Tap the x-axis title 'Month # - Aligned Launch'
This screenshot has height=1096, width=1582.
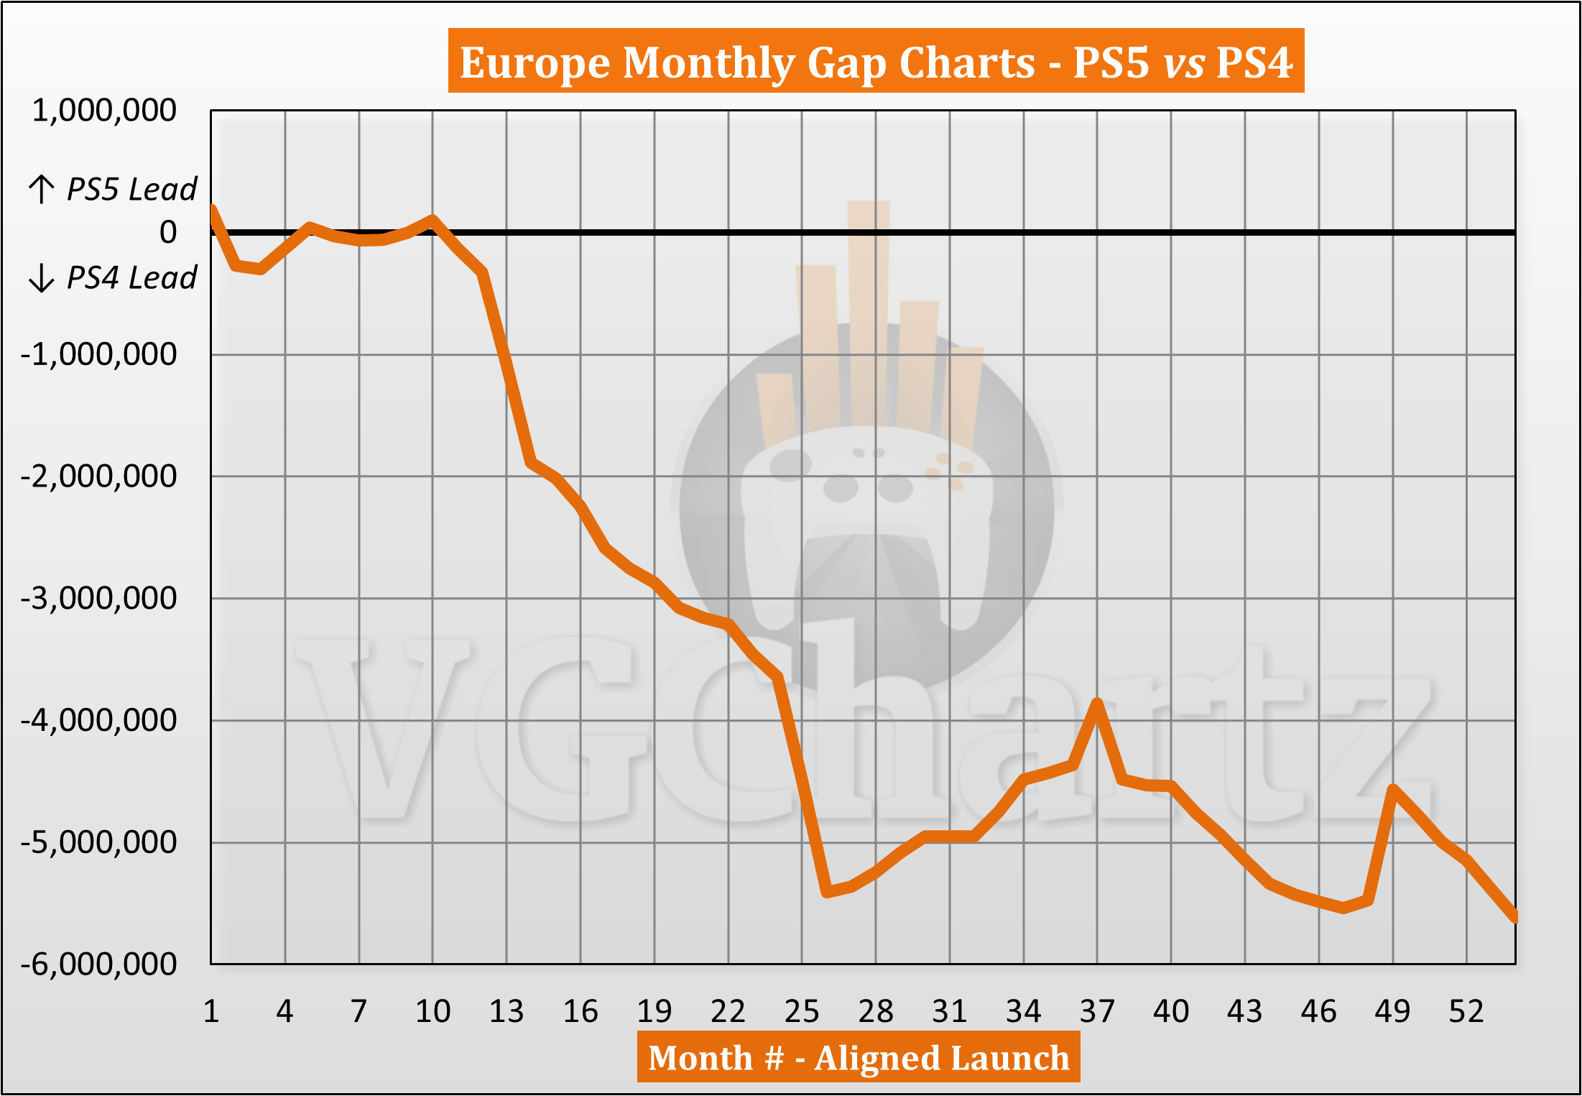(859, 1057)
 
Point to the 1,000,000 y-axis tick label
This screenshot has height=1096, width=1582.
(105, 111)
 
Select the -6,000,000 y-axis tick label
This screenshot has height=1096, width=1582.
(99, 964)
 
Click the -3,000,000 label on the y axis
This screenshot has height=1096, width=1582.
(99, 598)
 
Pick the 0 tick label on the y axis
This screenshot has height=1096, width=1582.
(168, 232)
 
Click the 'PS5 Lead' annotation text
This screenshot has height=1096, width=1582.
(131, 189)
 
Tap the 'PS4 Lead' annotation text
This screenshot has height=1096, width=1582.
(131, 277)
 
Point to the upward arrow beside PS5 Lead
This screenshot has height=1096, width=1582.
(41, 189)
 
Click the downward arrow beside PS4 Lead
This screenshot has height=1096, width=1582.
(41, 277)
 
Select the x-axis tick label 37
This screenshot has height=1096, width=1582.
(1097, 1012)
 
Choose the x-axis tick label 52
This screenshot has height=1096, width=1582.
(1466, 1012)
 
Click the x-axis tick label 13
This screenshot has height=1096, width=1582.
(506, 1012)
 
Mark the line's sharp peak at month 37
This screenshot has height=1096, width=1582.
(1097, 702)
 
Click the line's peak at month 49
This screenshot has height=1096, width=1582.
(1393, 790)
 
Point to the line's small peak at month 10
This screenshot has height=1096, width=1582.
(432, 219)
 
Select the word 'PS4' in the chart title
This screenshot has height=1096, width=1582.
(1254, 63)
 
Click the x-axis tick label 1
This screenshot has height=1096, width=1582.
(211, 1012)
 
